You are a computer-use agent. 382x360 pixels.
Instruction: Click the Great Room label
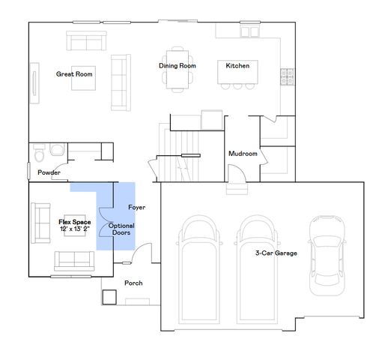click(x=74, y=74)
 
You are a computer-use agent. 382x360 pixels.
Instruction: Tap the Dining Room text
click(x=178, y=66)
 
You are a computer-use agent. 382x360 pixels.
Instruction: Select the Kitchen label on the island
click(x=237, y=66)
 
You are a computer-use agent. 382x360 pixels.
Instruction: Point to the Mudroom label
click(x=243, y=154)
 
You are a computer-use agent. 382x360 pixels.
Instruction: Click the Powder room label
click(x=49, y=172)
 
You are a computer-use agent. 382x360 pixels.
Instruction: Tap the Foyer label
click(x=136, y=207)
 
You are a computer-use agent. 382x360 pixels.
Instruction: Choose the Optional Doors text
click(x=121, y=229)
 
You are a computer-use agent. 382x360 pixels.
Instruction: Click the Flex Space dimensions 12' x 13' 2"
click(x=75, y=229)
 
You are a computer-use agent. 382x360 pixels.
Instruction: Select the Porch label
click(x=133, y=283)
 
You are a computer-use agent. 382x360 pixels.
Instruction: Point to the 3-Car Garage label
click(x=276, y=253)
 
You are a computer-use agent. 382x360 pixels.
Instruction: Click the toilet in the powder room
click(x=39, y=152)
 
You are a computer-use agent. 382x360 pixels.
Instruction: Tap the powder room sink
click(x=58, y=149)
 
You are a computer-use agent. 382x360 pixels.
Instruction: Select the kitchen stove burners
click(x=287, y=76)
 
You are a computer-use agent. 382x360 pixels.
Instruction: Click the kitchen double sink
click(x=249, y=31)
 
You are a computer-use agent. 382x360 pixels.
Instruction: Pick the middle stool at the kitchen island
click(x=237, y=86)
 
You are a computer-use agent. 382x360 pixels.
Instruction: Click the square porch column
click(x=109, y=297)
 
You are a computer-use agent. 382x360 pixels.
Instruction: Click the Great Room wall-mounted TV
click(x=34, y=83)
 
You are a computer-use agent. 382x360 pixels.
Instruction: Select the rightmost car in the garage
click(x=327, y=256)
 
